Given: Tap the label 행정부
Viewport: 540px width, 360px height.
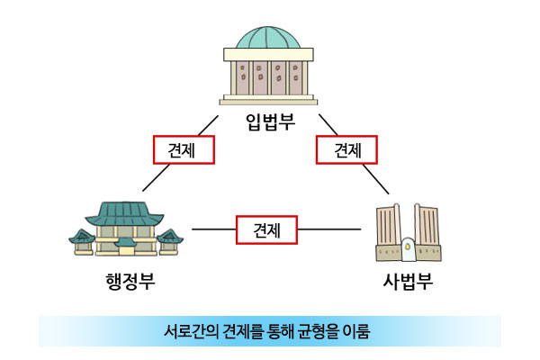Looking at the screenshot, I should pos(130,281).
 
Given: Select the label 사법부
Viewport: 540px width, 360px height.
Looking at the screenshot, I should pos(408,281).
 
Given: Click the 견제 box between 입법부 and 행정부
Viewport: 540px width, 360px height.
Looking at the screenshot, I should pos(184,149).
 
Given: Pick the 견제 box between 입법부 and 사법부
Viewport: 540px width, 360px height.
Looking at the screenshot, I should pos(347,149).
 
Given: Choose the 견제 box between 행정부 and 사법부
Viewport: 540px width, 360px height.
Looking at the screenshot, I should pos(266,229).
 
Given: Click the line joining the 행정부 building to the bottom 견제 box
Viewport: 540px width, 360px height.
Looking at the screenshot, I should pos(213,229).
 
